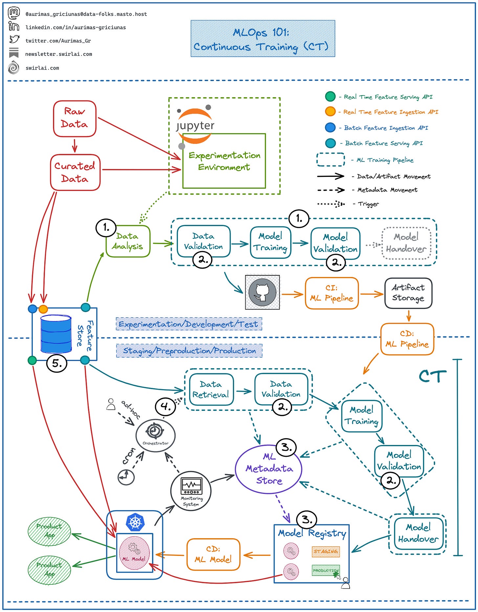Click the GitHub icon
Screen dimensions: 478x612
[x=262, y=292]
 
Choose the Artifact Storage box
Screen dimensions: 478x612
[x=408, y=293]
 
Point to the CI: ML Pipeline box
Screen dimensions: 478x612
[x=332, y=293]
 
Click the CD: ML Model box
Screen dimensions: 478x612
[x=213, y=554]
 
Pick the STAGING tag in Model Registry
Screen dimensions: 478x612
[x=326, y=551]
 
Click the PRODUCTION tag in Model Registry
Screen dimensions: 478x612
[x=326, y=570]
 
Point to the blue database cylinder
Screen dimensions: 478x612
[x=56, y=334]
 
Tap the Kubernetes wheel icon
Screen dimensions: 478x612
[x=135, y=522]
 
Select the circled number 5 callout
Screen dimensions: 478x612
[x=57, y=363]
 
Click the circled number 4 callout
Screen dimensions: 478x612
[x=165, y=407]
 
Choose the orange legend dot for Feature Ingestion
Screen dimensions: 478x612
[x=330, y=112]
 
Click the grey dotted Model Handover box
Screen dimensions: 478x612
[x=406, y=243]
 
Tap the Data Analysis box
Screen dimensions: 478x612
[x=128, y=241]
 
